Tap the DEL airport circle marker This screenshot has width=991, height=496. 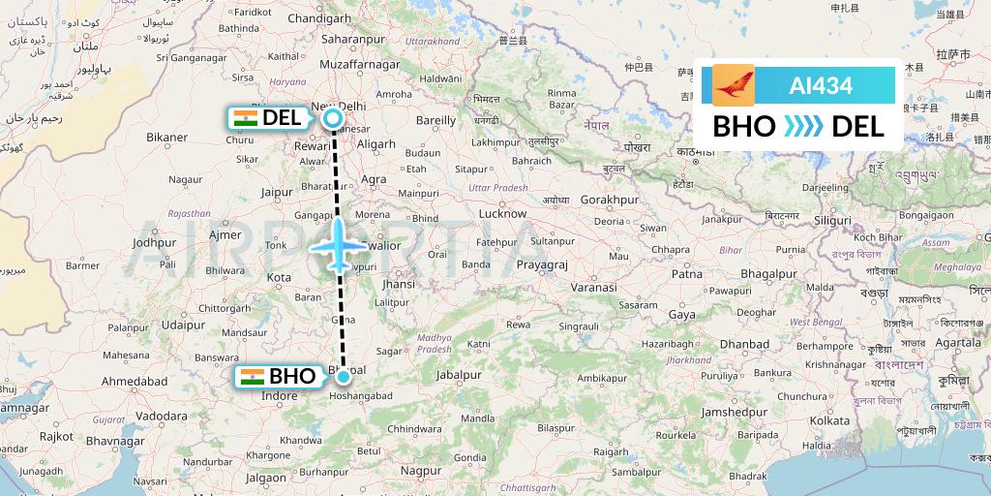point(333,119)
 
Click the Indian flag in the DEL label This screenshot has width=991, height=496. point(246,118)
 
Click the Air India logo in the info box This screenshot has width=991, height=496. point(733,85)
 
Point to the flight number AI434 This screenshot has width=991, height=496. point(821,85)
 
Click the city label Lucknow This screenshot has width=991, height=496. point(502,213)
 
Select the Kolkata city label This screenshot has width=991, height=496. point(831,420)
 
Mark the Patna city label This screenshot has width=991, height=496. point(687,274)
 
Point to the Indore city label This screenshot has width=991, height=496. point(280,396)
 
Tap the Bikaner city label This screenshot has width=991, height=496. point(166,137)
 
